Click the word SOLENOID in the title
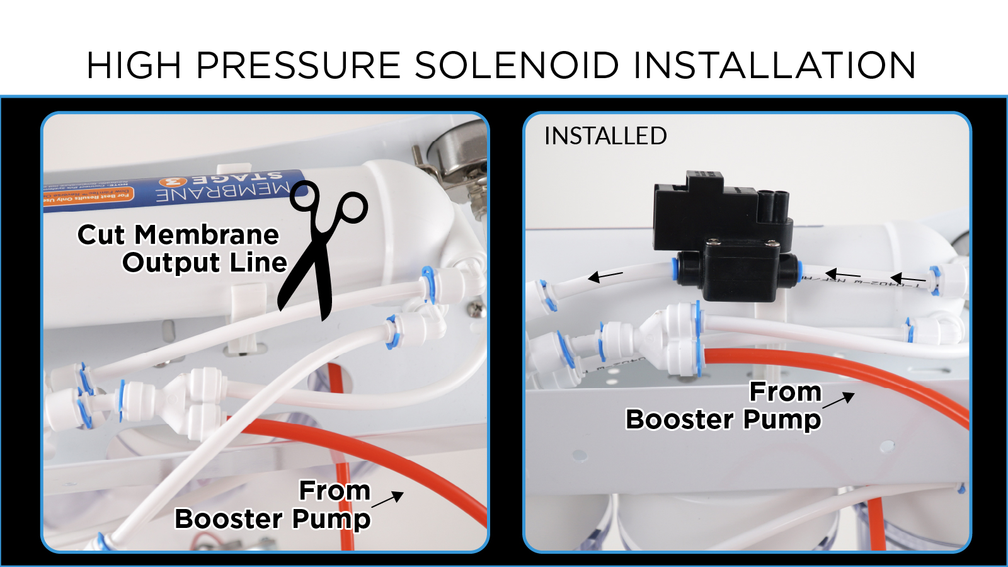pos(517,66)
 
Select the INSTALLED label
pos(605,136)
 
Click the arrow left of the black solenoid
pos(605,276)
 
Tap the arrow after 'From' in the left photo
pos(387,500)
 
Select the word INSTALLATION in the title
pos(774,66)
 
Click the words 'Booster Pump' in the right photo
pos(723,420)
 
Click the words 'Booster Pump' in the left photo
pos(272,519)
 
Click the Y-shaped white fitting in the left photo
pos(189,400)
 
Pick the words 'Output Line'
pos(205,263)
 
